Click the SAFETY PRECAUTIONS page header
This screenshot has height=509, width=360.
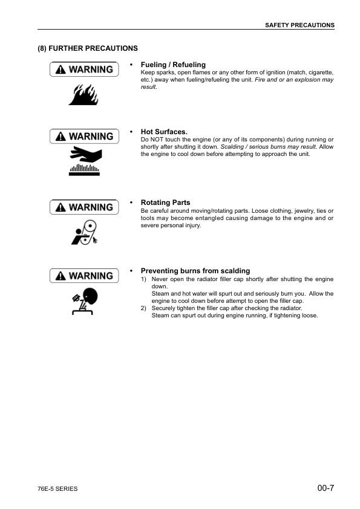[299, 25]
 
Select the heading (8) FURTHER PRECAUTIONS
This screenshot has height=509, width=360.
[88, 48]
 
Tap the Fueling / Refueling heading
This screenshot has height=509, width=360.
[173, 65]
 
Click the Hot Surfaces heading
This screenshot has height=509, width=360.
[164, 131]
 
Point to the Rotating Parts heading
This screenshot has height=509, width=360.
[165, 203]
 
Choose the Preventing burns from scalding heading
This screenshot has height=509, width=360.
[195, 271]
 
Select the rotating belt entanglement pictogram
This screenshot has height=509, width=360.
[83, 232]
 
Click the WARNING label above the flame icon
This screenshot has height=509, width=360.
[83, 70]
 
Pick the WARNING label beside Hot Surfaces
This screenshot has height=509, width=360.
[83, 137]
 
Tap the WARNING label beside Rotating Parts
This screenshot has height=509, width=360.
[83, 207]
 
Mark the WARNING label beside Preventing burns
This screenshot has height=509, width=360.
[83, 276]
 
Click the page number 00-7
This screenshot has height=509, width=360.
[325, 487]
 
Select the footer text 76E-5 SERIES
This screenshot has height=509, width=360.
[57, 488]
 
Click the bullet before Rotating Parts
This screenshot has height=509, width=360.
[131, 203]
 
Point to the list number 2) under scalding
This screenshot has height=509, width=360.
[143, 308]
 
